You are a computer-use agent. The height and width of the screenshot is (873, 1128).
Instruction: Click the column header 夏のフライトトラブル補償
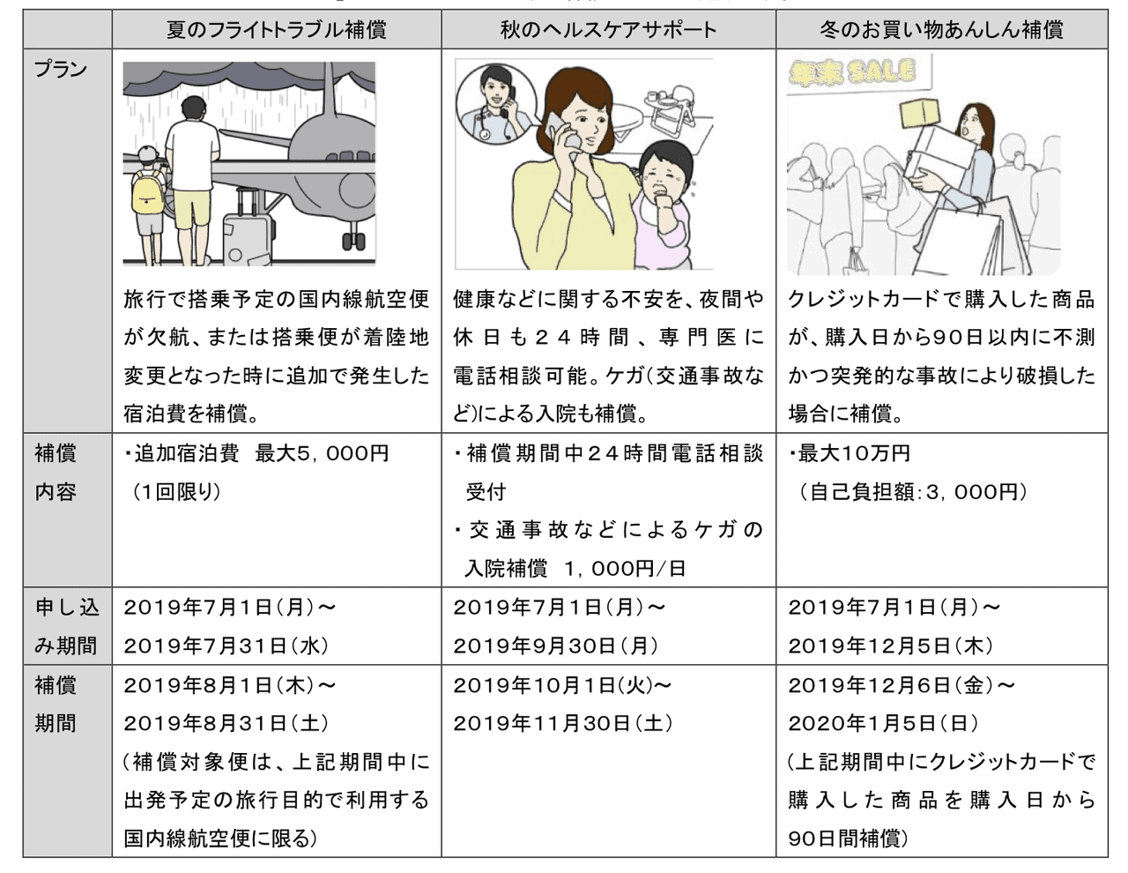click(276, 30)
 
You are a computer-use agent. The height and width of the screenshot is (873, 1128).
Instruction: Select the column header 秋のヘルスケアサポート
click(608, 30)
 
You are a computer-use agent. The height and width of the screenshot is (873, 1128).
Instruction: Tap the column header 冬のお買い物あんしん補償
click(941, 30)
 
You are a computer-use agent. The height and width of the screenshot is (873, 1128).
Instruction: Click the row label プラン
click(60, 69)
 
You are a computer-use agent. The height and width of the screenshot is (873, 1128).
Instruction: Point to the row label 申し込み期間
click(66, 626)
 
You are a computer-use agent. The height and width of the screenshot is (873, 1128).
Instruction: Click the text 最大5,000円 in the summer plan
click(322, 453)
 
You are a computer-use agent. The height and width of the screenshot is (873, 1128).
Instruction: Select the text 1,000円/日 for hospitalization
click(626, 569)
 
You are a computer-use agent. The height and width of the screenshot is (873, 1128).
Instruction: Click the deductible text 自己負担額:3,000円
click(913, 492)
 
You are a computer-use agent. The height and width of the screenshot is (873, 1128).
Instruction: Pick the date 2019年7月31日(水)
click(226, 646)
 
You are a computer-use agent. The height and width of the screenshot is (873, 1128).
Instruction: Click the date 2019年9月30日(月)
click(556, 646)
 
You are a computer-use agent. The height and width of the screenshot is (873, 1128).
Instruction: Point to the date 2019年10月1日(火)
click(562, 685)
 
